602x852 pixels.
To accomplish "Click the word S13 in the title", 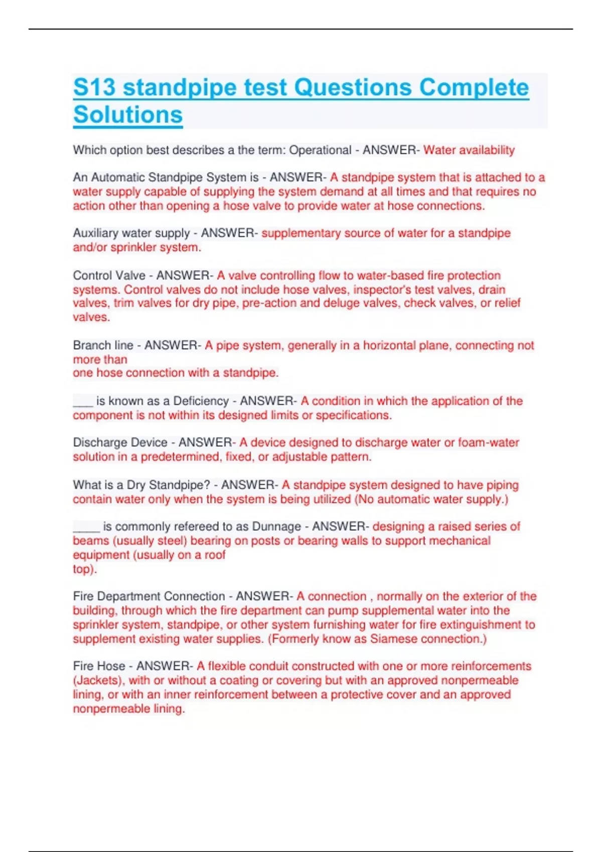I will point(94,88).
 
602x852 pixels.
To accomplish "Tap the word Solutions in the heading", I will point(128,115).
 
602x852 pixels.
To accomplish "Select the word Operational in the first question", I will point(320,150).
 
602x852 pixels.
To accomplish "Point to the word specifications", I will point(353,415).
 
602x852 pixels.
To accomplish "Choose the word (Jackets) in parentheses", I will point(98,681).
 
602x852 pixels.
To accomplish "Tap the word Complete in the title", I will point(474,88).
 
